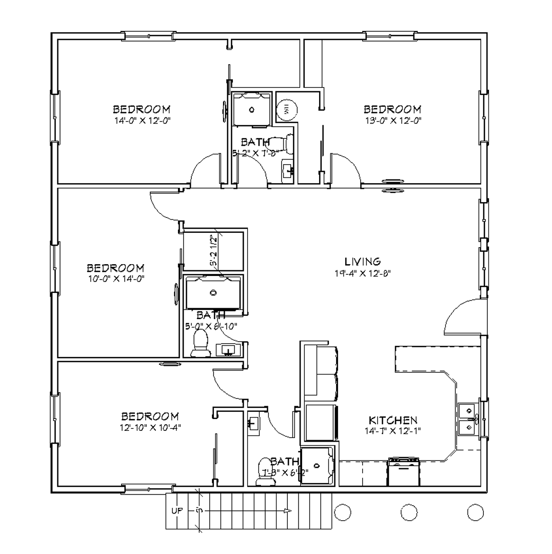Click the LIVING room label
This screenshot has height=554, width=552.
pos(362,262)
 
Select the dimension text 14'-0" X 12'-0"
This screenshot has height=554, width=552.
pos(142,121)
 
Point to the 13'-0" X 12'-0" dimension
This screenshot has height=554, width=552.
pos(392,121)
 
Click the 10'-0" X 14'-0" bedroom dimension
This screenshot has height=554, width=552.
pos(115,279)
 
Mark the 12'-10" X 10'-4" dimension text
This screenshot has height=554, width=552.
pos(150,427)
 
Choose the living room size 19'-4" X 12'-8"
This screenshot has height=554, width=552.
pos(362,273)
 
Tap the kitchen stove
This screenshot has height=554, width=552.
pos(404,472)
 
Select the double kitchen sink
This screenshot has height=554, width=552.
pos(468,418)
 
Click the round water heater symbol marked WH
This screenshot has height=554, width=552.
pos(286,109)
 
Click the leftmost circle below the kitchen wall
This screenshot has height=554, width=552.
pos(342,511)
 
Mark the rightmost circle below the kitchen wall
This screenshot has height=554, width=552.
pos(475,511)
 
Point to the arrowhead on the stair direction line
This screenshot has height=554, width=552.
pos(289,511)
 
